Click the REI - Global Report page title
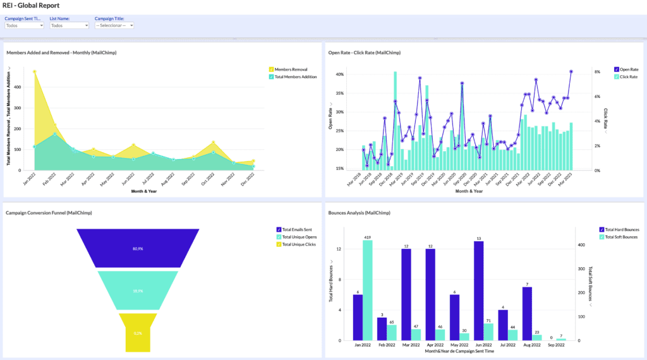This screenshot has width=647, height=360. (x=31, y=5)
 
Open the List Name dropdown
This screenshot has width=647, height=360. (x=70, y=25)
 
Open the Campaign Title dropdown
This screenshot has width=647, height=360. (x=114, y=25)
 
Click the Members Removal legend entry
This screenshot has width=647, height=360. (x=291, y=69)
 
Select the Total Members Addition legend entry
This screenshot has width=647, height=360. (x=295, y=76)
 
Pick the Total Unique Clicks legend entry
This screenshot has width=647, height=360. (x=299, y=244)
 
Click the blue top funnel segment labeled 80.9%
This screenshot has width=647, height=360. (x=138, y=248)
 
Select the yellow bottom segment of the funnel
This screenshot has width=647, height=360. (x=138, y=332)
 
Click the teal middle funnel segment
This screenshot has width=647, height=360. (x=138, y=291)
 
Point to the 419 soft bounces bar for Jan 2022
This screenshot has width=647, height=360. (x=367, y=291)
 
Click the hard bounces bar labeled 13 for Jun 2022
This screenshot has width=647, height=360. (x=478, y=291)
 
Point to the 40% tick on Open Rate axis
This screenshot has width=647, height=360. (x=339, y=75)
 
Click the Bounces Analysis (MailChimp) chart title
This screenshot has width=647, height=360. (x=359, y=213)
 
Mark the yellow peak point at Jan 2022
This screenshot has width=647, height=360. (x=35, y=71)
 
